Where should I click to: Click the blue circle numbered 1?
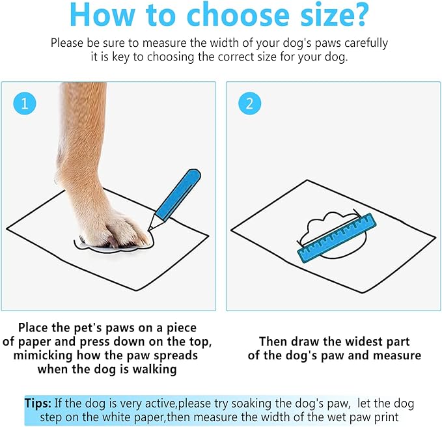[24, 103]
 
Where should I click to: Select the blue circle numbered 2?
[249, 103]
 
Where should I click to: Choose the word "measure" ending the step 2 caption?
[396, 355]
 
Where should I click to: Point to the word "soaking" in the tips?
[261, 404]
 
